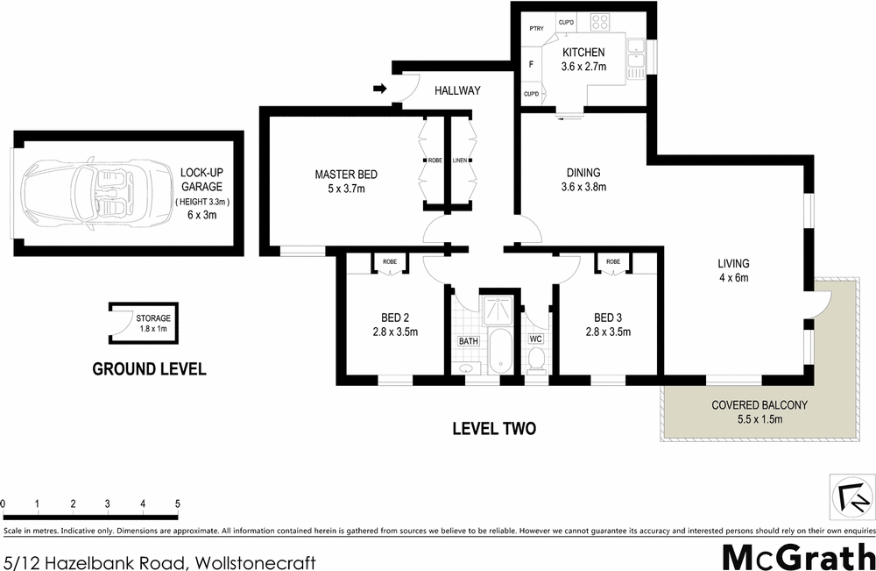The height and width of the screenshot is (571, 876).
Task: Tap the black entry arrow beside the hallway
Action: pyautogui.click(x=379, y=89)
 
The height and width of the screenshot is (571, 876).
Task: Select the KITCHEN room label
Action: pyautogui.click(x=583, y=54)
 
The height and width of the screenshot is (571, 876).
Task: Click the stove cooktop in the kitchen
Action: pyautogui.click(x=600, y=23)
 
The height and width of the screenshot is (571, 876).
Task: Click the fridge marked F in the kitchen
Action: pyautogui.click(x=531, y=64)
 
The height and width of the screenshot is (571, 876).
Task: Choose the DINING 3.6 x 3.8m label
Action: pyautogui.click(x=583, y=180)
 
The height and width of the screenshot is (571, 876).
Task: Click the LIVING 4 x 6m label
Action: pyautogui.click(x=733, y=271)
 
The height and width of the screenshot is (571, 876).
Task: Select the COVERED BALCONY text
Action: pyautogui.click(x=759, y=405)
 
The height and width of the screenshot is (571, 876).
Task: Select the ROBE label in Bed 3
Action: pyautogui.click(x=612, y=261)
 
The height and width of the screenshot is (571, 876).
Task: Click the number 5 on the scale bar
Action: pyautogui.click(x=178, y=503)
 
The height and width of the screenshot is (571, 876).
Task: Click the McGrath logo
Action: pyautogui.click(x=793, y=556)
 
